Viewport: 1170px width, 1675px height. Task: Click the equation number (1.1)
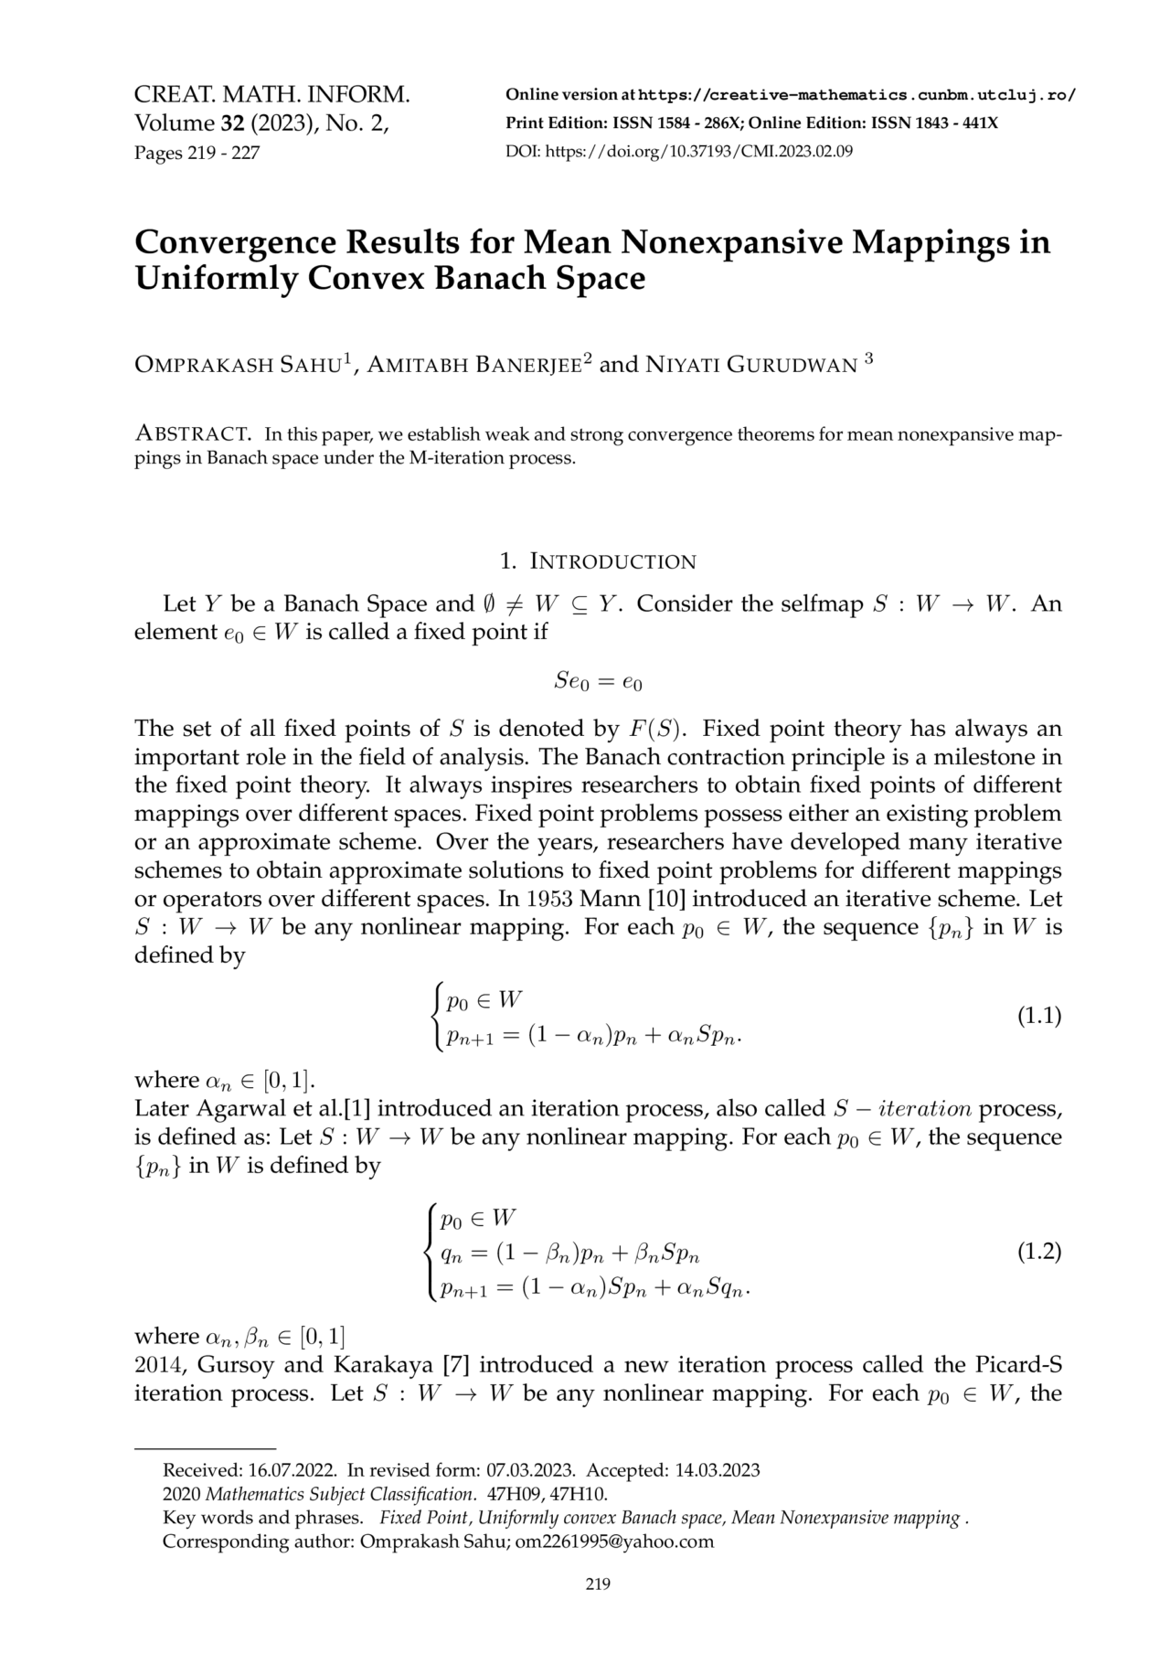(x=1039, y=1016)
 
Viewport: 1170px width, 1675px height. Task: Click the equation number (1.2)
(x=1039, y=1252)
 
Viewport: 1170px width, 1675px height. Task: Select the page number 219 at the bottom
(x=597, y=1584)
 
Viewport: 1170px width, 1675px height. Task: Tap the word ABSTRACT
(x=193, y=433)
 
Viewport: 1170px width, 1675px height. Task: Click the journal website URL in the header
(x=856, y=95)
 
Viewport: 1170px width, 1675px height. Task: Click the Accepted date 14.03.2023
(x=718, y=1470)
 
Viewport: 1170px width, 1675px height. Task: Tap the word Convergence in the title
(x=232, y=242)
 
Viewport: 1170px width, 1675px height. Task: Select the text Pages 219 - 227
(x=197, y=153)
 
